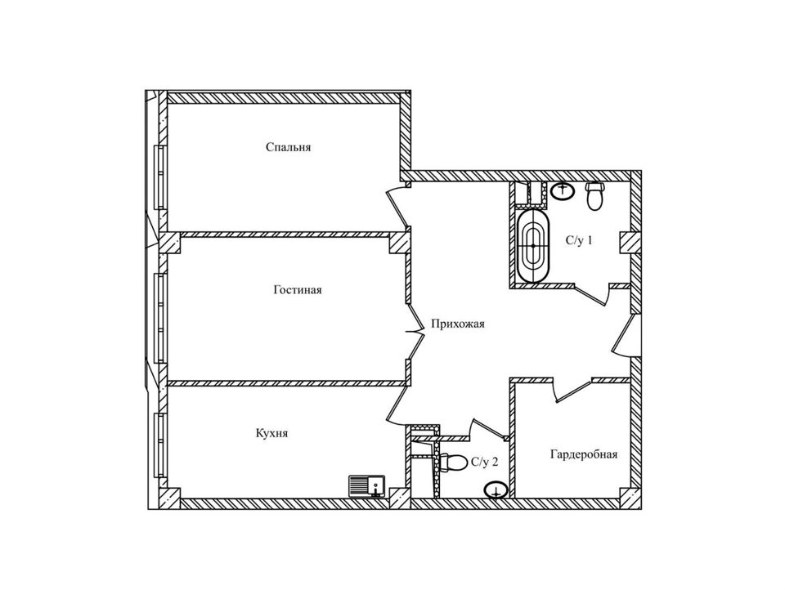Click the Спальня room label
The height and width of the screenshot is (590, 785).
click(x=289, y=148)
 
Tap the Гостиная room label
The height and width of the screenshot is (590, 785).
click(x=298, y=290)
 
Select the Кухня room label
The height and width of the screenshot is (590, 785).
click(x=271, y=434)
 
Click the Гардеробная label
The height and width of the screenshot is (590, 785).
click(x=583, y=454)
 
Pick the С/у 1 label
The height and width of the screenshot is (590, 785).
click(x=579, y=241)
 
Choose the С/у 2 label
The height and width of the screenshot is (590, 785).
click(x=484, y=463)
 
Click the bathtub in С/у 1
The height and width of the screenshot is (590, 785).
click(x=535, y=246)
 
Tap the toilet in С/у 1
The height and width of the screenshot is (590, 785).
click(x=595, y=196)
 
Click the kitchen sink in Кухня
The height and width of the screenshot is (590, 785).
click(x=367, y=486)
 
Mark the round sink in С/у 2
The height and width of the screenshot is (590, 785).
click(x=496, y=490)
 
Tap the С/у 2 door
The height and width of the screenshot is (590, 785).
click(x=487, y=427)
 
